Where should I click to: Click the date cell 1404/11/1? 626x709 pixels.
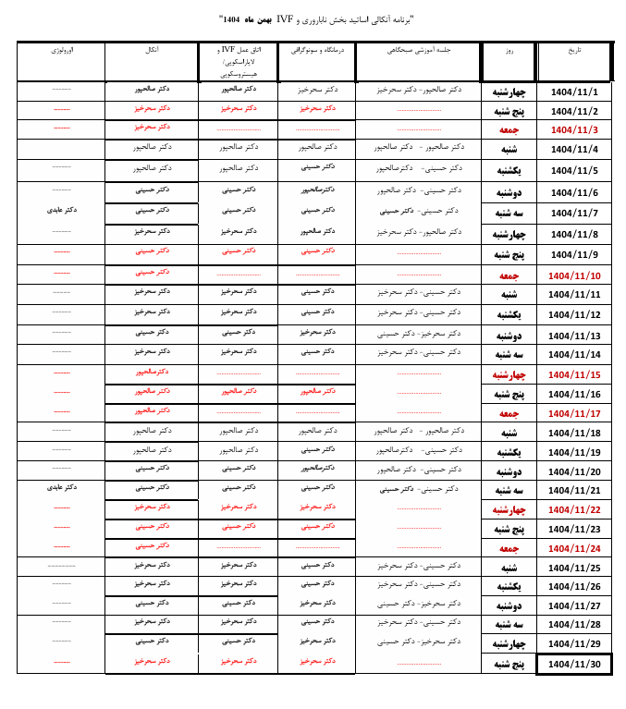coord(574,92)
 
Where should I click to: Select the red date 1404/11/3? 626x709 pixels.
coord(574,129)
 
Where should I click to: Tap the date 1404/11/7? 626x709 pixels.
coord(574,213)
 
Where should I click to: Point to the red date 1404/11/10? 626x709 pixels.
coord(574,275)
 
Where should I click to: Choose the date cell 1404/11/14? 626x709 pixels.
coord(574,354)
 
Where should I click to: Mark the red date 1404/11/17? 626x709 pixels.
coord(574,413)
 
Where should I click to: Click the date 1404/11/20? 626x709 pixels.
coord(574,471)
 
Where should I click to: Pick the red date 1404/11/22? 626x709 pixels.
coord(574,509)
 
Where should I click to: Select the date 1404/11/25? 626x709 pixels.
coord(574,568)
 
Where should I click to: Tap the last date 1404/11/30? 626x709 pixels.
coord(574,664)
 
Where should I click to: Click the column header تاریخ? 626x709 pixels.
coord(574,52)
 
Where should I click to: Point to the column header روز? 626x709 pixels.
coord(509,52)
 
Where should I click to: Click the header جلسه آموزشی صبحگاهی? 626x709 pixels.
coord(418,50)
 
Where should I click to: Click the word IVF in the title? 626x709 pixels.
coord(285,18)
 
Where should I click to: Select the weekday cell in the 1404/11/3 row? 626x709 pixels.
coord(507,129)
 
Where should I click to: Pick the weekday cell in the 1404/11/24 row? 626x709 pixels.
coord(507,548)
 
